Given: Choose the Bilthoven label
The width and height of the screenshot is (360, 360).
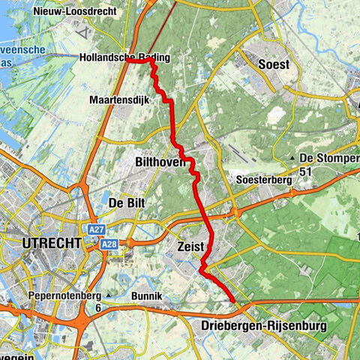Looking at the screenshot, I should click(x=160, y=161).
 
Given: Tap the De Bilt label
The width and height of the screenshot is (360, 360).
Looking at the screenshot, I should click(x=126, y=202).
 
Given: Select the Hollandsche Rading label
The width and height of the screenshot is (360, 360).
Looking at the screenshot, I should click(x=124, y=58).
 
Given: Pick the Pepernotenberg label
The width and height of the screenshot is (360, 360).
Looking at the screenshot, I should click(x=62, y=297).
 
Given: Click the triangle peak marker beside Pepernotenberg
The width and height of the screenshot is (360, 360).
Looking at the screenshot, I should click(x=109, y=297).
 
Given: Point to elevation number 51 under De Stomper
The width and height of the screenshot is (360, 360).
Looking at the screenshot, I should click(x=305, y=171).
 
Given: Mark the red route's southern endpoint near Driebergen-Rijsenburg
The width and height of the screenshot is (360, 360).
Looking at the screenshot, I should click(x=235, y=301).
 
